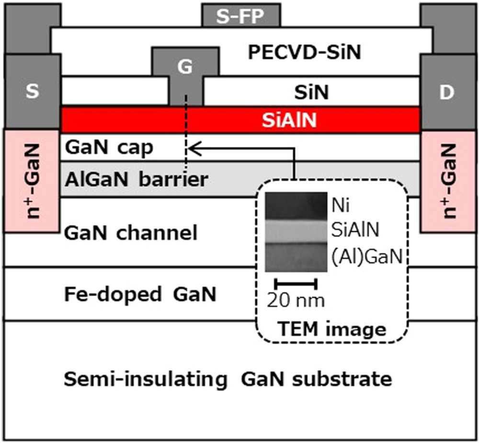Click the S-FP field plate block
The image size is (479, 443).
coord(240,16)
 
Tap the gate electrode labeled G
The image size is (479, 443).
coord(185,67)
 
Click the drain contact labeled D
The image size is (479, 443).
coord(446,92)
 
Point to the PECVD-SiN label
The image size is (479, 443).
coord(304,52)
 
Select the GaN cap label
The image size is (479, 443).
coord(109,148)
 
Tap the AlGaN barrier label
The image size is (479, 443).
coord(136,179)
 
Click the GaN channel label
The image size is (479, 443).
coord(130,233)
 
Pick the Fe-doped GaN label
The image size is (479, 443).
coord(140,294)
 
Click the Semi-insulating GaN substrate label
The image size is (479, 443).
coord(228,380)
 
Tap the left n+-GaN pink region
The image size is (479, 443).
coord(32,181)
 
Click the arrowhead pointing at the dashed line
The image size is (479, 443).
coord(192,149)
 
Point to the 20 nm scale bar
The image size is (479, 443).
coord(296,283)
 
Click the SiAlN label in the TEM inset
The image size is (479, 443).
coord(356,232)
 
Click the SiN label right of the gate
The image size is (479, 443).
coord(312,93)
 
